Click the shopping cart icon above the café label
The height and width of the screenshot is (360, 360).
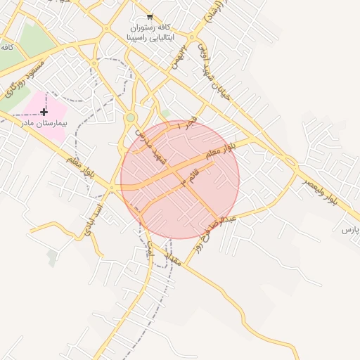coord(150,17)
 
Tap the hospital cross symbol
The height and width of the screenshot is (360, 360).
coord(44,112)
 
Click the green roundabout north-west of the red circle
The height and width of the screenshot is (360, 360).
coord(130,117)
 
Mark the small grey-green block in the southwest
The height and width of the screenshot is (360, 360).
coord(52,258)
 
